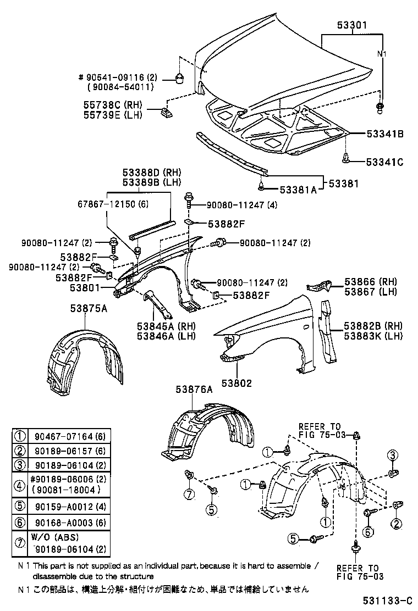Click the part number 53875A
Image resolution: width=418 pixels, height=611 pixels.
[x=89, y=309]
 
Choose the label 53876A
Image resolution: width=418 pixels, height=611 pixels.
[x=194, y=389]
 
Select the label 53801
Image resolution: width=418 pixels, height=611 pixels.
[x=84, y=287]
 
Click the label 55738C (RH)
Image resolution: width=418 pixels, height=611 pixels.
[x=112, y=104]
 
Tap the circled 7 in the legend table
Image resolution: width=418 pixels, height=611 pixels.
[x=20, y=543]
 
